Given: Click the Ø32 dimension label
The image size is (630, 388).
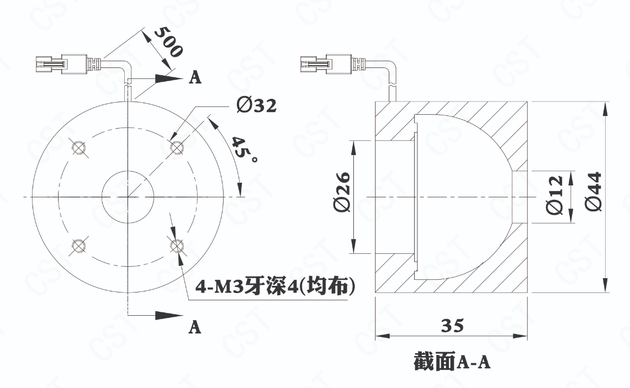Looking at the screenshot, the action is click(256, 105).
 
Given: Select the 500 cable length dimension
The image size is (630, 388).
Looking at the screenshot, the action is click(168, 42).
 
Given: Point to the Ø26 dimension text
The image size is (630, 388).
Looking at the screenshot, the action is click(342, 193).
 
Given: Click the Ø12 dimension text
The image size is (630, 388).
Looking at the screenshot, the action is click(554, 195).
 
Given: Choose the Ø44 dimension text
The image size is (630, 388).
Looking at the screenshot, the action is click(594, 192).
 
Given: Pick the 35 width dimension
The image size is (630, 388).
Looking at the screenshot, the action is click(452, 325).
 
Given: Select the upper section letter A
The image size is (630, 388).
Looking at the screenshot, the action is click(195, 77).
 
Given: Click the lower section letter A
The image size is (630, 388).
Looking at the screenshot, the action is click(195, 327).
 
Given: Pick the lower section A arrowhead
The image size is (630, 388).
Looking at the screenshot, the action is click(169, 315).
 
